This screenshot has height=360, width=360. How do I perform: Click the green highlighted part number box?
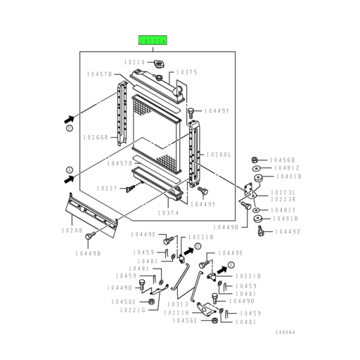153,42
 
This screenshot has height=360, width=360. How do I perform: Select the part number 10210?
135,63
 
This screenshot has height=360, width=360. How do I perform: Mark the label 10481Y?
285,210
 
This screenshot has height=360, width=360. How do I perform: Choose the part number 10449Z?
288,231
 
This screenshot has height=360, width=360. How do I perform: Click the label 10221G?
132,309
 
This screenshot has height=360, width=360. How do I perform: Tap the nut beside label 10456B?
255,160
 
